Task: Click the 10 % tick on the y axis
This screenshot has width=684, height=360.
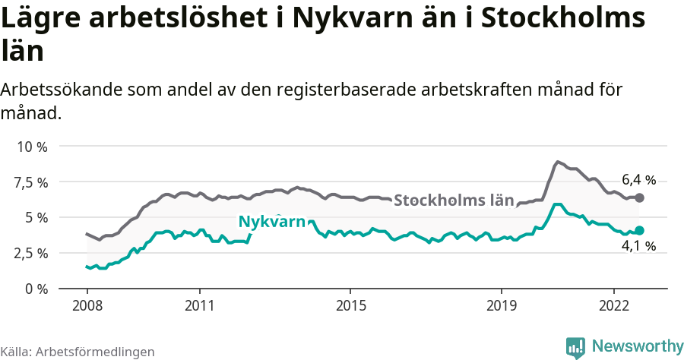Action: [x=32, y=147]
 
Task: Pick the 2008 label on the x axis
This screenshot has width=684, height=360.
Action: [x=87, y=305]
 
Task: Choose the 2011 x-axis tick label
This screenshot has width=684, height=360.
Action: [x=199, y=305]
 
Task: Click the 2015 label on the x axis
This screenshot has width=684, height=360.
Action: [x=350, y=305]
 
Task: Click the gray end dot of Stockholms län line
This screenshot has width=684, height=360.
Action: [x=639, y=197]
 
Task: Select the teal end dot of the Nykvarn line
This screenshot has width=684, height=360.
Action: [x=639, y=230]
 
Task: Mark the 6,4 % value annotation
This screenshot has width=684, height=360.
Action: [x=638, y=180]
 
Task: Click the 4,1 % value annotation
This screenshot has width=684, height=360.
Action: [x=638, y=246]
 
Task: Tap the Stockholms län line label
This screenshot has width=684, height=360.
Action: [x=454, y=201]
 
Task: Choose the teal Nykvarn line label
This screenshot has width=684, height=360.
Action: [x=271, y=222]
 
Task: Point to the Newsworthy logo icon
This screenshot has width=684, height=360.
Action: [x=575, y=347]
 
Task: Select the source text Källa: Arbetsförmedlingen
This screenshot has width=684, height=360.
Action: [x=78, y=352]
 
